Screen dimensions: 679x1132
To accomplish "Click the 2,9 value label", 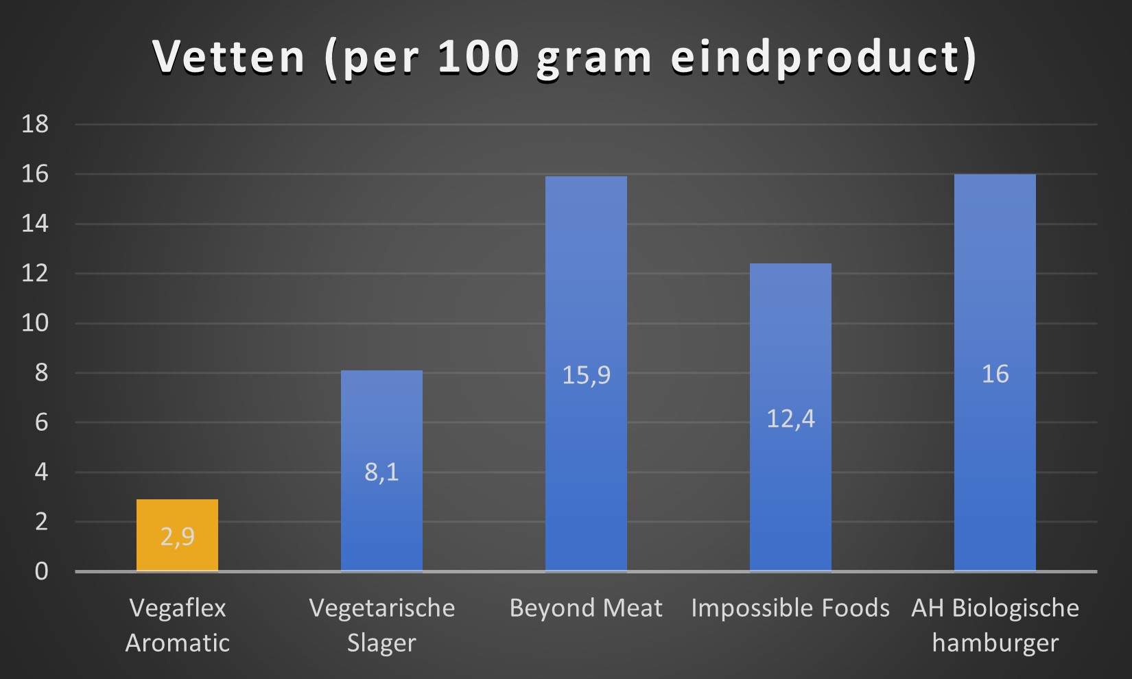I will (x=177, y=536).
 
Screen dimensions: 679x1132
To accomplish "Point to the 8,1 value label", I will (x=381, y=472).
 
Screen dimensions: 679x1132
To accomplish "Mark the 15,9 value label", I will (x=586, y=375).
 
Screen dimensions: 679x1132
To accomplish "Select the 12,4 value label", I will (x=790, y=418).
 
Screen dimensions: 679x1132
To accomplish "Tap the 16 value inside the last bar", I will (x=995, y=374).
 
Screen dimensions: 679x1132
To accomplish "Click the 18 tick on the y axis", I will (x=35, y=124).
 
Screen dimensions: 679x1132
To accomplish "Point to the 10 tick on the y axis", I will (x=35, y=323).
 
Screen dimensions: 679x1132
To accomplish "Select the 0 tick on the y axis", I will (x=41, y=571).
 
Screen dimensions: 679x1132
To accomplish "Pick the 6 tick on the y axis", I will (x=41, y=422).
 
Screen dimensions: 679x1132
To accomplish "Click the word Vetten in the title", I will (x=228, y=56).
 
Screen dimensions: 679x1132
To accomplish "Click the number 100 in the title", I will (x=478, y=56).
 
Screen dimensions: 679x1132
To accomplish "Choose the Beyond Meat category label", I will (x=586, y=608).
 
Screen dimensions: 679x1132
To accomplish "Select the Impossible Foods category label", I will (x=790, y=608).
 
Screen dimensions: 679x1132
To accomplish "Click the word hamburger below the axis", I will (x=995, y=643).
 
